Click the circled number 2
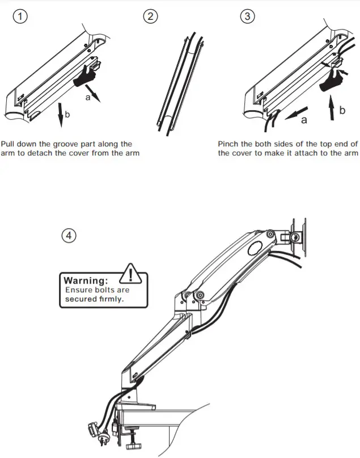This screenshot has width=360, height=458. pos(150,16)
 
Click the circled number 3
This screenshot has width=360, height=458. pos(247,16)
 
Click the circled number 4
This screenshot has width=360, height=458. pos(69,236)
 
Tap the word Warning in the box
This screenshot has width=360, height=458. pos(85,280)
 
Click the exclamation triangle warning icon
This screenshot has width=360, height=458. pos(131,274)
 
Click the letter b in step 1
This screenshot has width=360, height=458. pos(67,115)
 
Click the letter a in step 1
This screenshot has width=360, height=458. pos(87,98)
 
